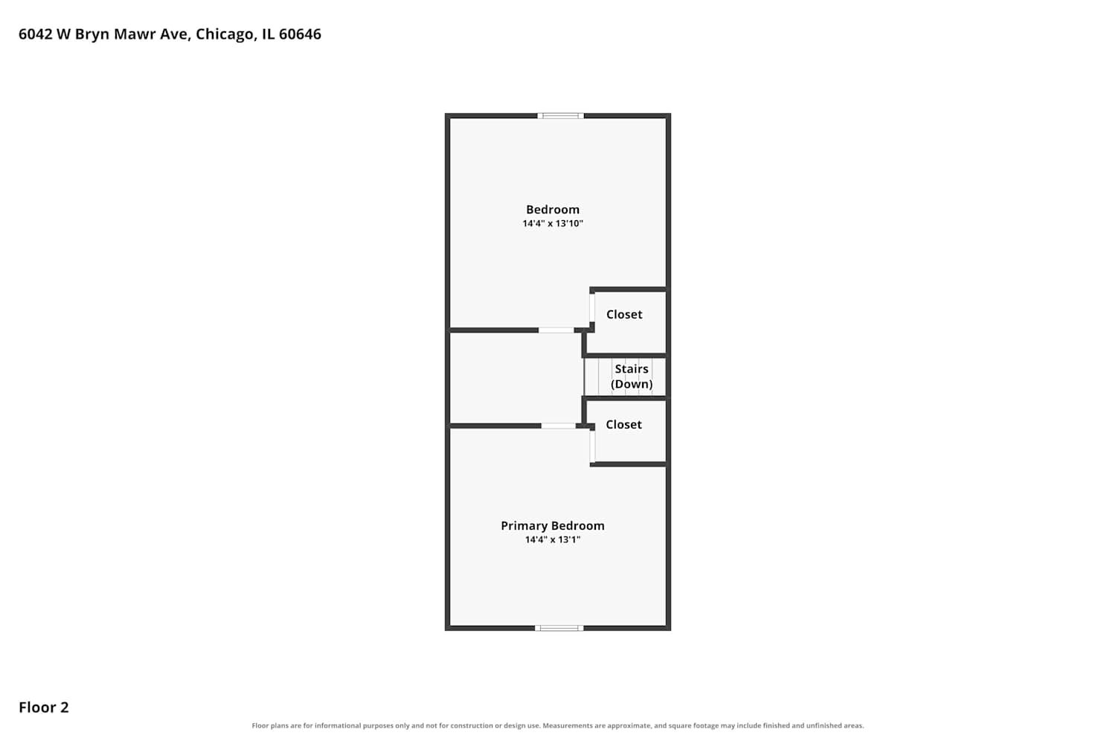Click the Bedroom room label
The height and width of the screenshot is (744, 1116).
553,210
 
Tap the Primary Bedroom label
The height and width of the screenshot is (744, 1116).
553,526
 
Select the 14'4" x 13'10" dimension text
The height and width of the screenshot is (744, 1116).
553,223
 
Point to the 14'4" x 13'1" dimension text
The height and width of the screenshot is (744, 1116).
553,539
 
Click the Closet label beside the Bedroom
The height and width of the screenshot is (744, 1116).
624,315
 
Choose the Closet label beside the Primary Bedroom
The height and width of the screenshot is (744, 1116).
623,425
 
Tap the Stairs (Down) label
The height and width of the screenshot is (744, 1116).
632,376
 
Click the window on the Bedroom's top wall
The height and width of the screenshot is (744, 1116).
560,116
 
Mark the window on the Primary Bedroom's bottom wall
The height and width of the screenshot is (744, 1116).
559,628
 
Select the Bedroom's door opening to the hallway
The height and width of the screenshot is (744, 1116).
556,330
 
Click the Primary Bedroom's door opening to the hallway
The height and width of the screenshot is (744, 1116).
559,426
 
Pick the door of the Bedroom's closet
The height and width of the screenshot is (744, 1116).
592,308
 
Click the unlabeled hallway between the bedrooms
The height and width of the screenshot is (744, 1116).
516,378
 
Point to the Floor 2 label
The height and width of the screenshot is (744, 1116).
44,708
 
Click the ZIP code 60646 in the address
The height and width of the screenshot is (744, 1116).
300,34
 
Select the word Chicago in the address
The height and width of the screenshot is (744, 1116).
225,34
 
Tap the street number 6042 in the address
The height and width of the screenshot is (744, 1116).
36,34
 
